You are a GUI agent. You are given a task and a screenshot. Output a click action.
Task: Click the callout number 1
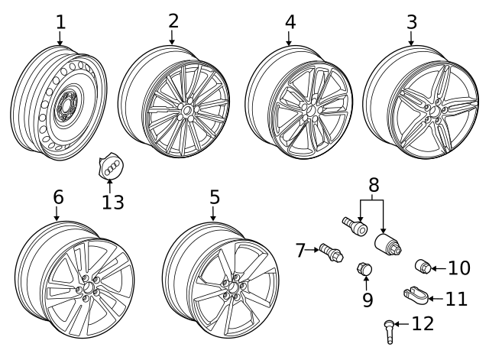pyautogui.click(x=60, y=21)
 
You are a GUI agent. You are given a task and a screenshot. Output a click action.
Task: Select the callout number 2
pyautogui.click(x=173, y=21)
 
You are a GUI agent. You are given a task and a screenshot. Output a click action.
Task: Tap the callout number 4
pyautogui.click(x=290, y=21)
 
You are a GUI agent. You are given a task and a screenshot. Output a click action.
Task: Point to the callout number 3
pyautogui.click(x=412, y=21)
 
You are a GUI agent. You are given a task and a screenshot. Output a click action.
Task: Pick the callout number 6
pyautogui.click(x=58, y=196)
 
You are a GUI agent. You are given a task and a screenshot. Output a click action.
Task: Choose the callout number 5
pyautogui.click(x=214, y=196)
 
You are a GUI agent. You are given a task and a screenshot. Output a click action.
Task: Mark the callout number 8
pyautogui.click(x=373, y=185)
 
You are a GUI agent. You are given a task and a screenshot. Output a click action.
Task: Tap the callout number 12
pyautogui.click(x=422, y=323)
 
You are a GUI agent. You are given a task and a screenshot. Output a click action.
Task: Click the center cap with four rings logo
pyautogui.click(x=110, y=168)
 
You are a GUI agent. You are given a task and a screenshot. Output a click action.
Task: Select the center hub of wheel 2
pyautogui.click(x=186, y=112)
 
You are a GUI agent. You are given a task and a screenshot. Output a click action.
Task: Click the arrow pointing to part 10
pyautogui.click(x=439, y=268)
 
